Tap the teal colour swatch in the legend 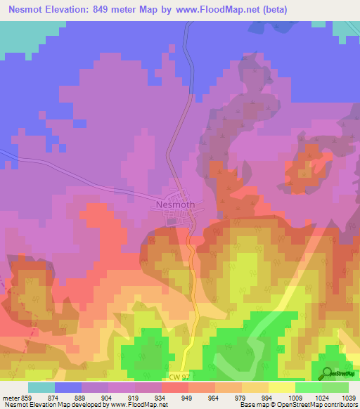coord(41,387)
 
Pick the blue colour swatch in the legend coord(68,387)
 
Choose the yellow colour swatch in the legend coord(281,387)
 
